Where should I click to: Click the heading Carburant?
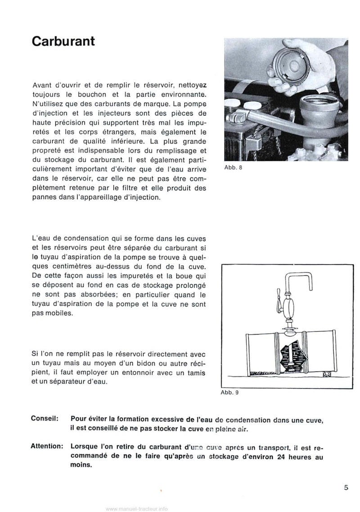(x=63, y=41)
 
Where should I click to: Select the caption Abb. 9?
(x=229, y=392)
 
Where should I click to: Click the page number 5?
(x=345, y=487)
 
